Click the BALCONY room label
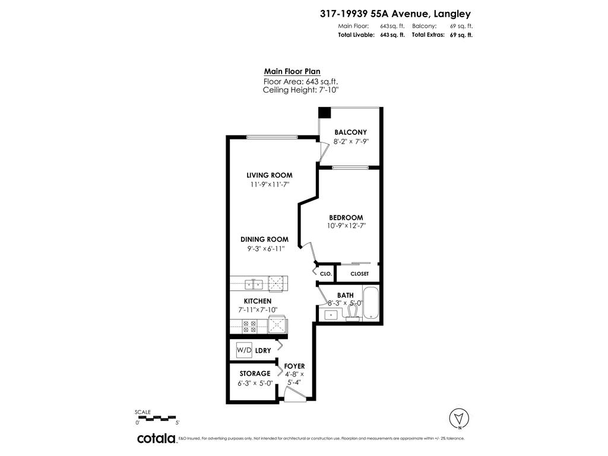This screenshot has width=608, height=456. pos(350,132)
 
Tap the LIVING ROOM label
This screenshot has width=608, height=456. pos(270,175)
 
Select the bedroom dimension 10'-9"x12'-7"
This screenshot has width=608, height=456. pos(346,226)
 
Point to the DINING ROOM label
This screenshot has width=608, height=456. pos(264,239)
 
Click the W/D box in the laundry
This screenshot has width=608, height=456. pos(244,350)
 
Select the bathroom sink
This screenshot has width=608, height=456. pos(331,315)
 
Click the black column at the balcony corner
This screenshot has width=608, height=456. pos(324,112)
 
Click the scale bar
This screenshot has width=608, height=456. pos(157,417)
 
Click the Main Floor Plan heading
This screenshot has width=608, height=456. pos(288,71)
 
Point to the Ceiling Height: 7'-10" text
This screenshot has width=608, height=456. pos(300,90)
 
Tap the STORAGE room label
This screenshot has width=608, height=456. pos(255,373)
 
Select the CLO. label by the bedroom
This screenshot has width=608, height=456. pos(325,274)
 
